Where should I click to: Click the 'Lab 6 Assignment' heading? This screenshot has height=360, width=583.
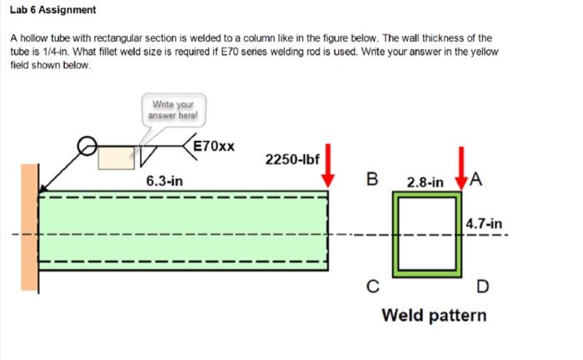(53, 10)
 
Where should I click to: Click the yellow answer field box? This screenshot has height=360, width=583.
(116, 157)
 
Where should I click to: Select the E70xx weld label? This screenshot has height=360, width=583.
(214, 147)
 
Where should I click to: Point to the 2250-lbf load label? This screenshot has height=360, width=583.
(292, 159)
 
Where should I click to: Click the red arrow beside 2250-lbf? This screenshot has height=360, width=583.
(329, 166)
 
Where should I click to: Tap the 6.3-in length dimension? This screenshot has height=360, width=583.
(165, 181)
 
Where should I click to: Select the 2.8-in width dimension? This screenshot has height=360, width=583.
(425, 181)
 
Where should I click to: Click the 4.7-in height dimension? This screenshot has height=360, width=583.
(484, 223)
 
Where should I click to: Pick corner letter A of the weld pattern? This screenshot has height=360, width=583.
(476, 178)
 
